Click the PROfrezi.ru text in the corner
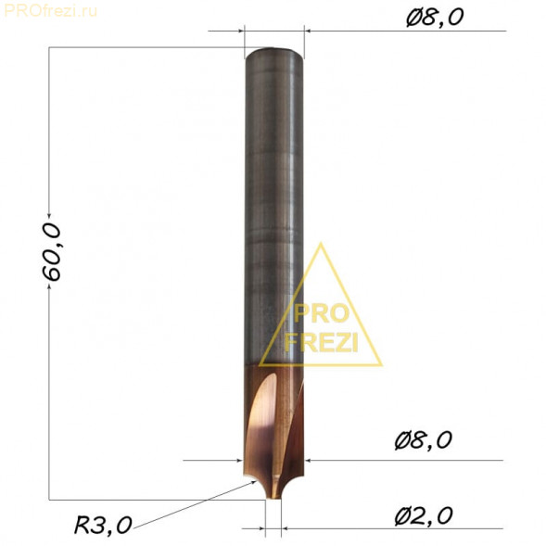coord(50,11)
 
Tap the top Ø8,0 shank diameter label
coord(435,17)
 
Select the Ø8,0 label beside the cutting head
coord(423,440)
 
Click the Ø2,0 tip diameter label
coord(424,516)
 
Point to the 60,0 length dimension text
coord(51,252)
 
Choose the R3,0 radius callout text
coord(103,525)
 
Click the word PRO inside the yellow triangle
coord(321,313)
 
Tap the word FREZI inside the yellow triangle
coord(321,342)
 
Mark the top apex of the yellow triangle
coord(321,244)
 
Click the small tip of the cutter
coord(273,494)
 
